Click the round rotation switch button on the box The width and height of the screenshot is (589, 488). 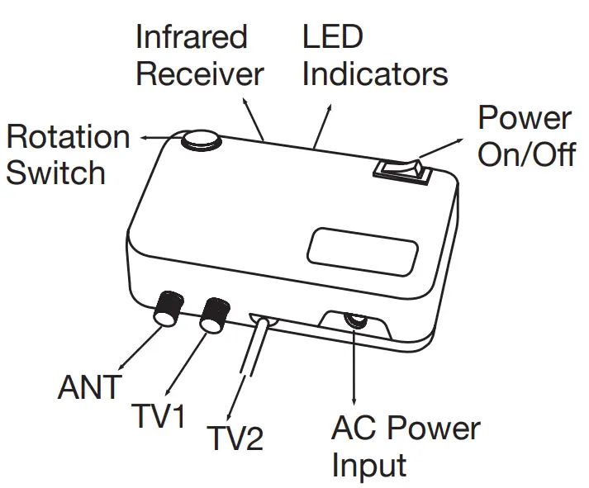point(201,142)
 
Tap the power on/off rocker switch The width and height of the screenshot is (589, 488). point(401,170)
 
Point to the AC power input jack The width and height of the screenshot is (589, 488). point(356,321)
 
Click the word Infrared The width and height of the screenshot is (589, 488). point(191,36)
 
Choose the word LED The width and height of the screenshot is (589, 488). point(332,36)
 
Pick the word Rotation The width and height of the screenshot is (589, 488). point(68,136)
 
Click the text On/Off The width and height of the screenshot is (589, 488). point(526,155)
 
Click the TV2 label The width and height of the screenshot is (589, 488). point(235,438)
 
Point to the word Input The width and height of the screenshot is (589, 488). point(369,465)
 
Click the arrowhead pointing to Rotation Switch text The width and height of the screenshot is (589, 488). point(142,138)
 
